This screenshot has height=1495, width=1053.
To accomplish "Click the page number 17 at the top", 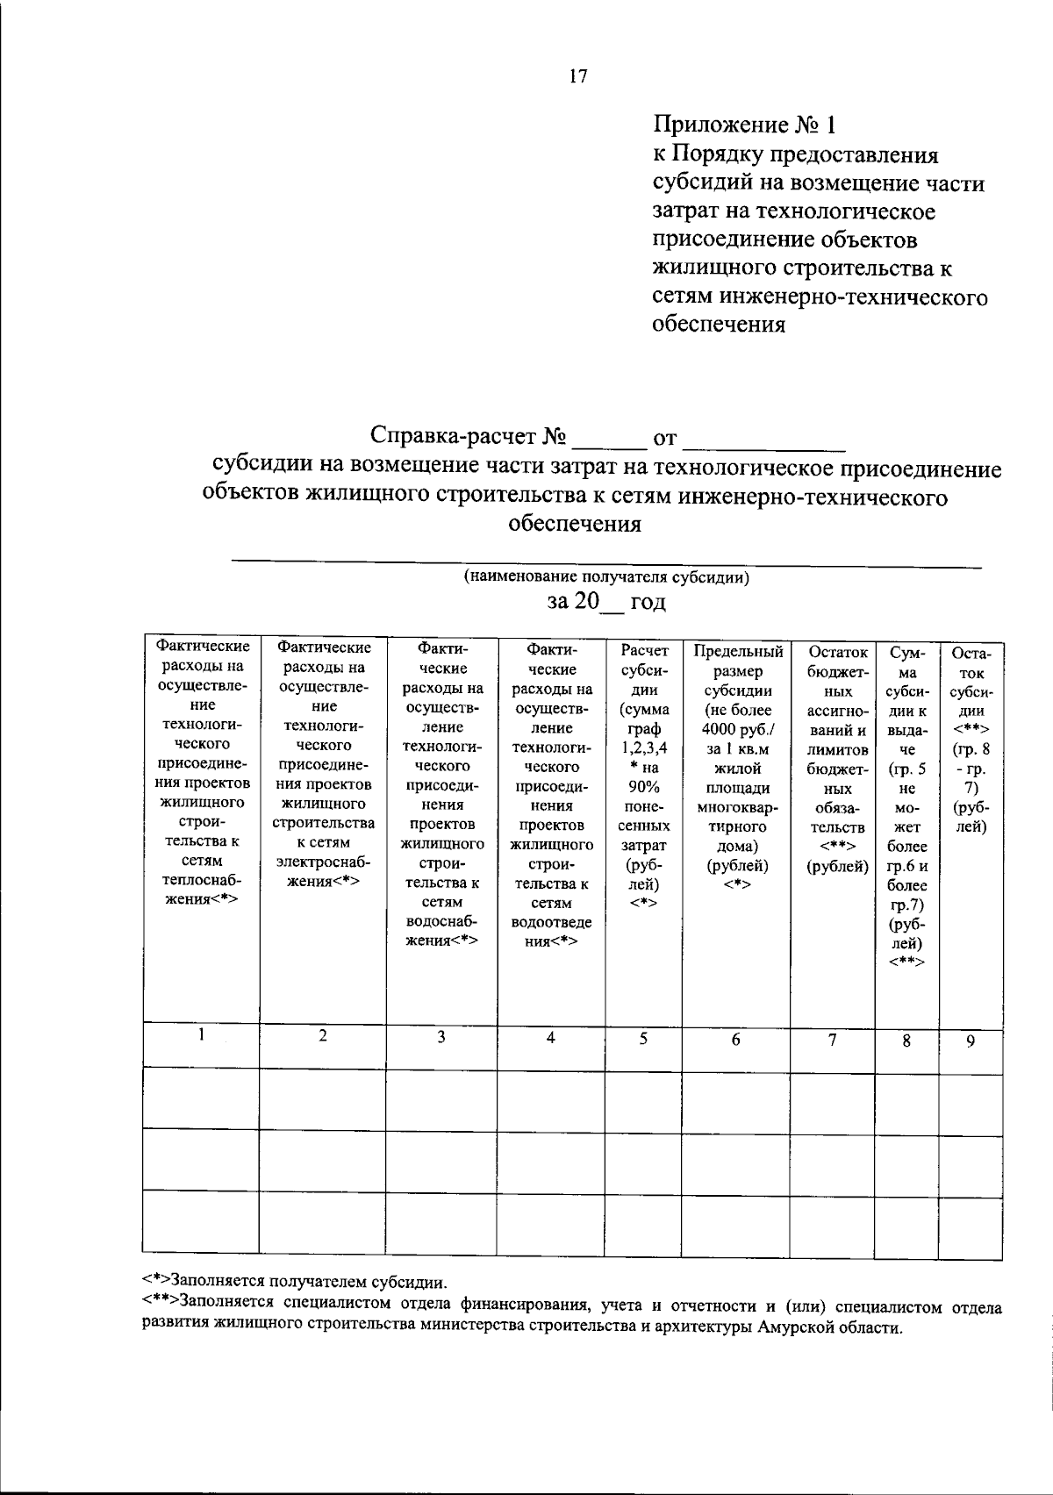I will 577,76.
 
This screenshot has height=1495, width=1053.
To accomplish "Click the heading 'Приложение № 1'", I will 742,125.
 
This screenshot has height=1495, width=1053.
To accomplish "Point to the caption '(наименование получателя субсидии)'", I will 606,577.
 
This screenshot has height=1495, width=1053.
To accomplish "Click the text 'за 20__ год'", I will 606,601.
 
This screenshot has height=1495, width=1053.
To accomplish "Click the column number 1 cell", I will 201,1034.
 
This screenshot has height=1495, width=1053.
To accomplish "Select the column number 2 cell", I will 323,1035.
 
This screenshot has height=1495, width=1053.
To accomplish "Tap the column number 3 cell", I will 441,1036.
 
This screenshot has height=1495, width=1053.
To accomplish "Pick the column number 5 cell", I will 643,1038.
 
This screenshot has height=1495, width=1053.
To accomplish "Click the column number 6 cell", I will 736,1039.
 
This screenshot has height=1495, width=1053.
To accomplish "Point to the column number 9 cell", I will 971,1041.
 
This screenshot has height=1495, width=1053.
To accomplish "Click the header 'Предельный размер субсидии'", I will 738,671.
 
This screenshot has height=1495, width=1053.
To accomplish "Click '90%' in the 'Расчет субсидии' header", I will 644,787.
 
